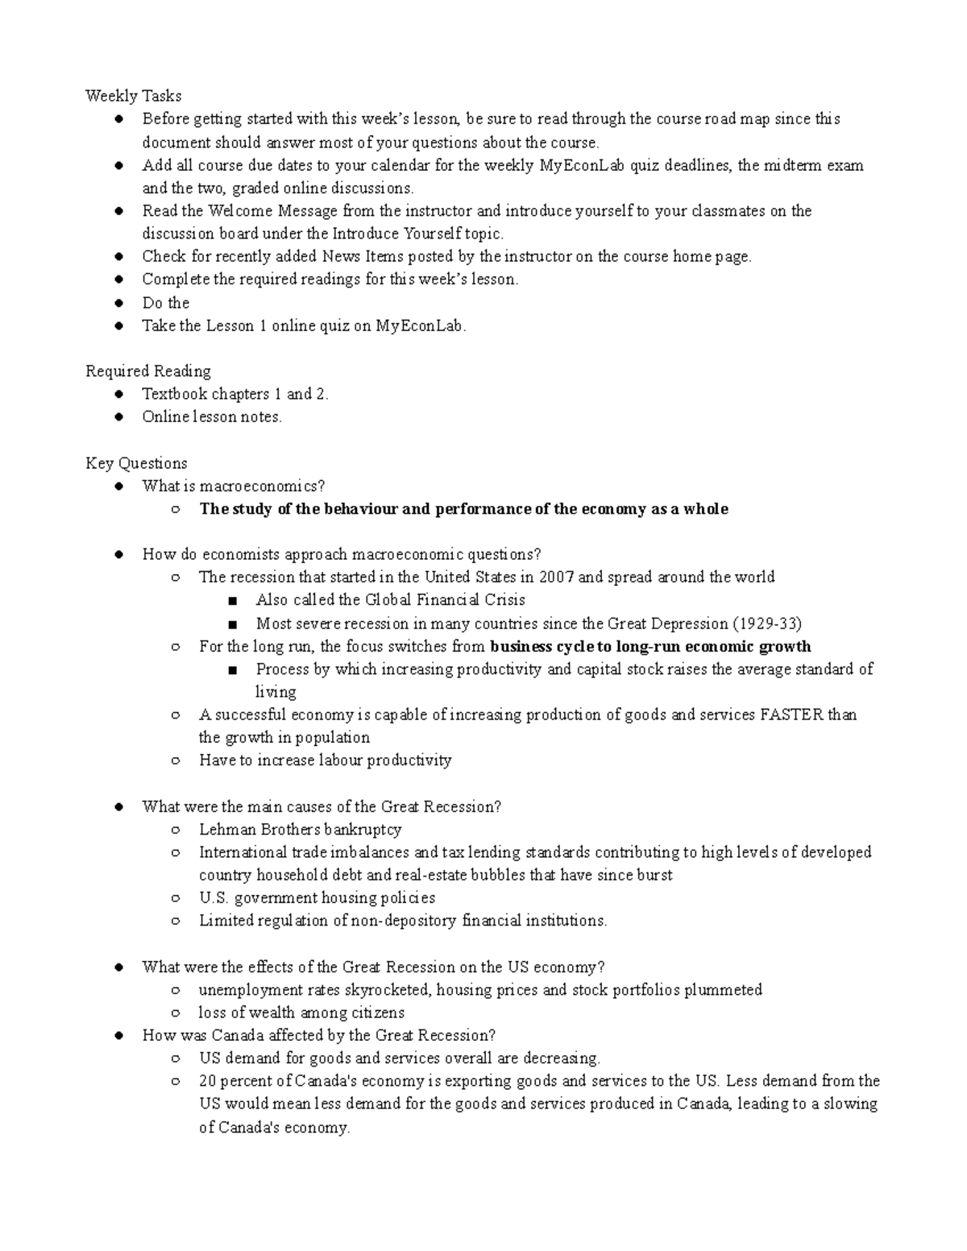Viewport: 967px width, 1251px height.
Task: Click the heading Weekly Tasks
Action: (133, 96)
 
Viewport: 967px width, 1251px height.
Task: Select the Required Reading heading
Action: (148, 371)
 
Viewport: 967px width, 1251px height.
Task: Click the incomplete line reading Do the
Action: (165, 303)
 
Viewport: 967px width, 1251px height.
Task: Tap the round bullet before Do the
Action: (118, 304)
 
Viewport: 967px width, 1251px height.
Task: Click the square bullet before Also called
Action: (233, 601)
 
